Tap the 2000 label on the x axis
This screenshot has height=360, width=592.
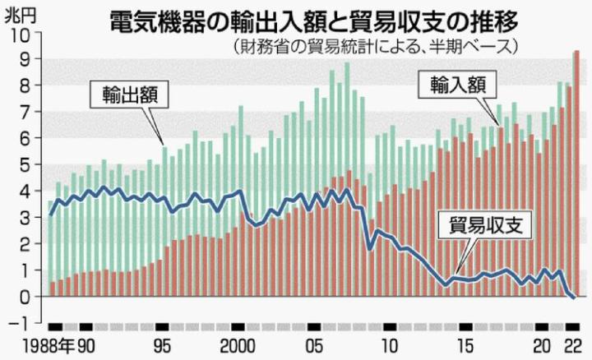pyautogui.click(x=238, y=344)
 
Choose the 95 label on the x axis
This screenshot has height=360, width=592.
pyautogui.click(x=164, y=344)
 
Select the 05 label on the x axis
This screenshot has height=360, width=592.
pyautogui.click(x=314, y=344)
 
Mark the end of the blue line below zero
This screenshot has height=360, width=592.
pyautogui.click(x=573, y=298)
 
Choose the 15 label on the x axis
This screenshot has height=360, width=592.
pyautogui.click(x=465, y=344)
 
